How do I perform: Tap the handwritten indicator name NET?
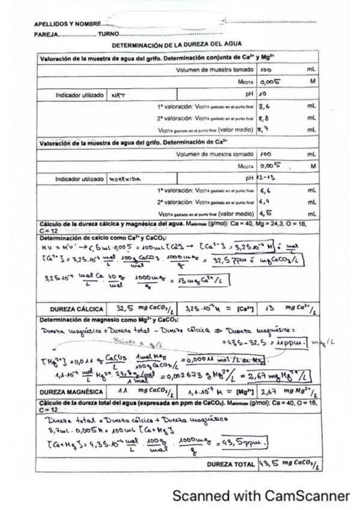coord(117,95)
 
